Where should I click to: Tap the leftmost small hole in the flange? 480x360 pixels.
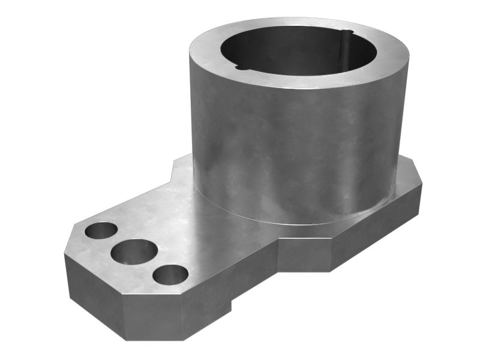[101, 230]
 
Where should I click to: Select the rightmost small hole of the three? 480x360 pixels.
[170, 275]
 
